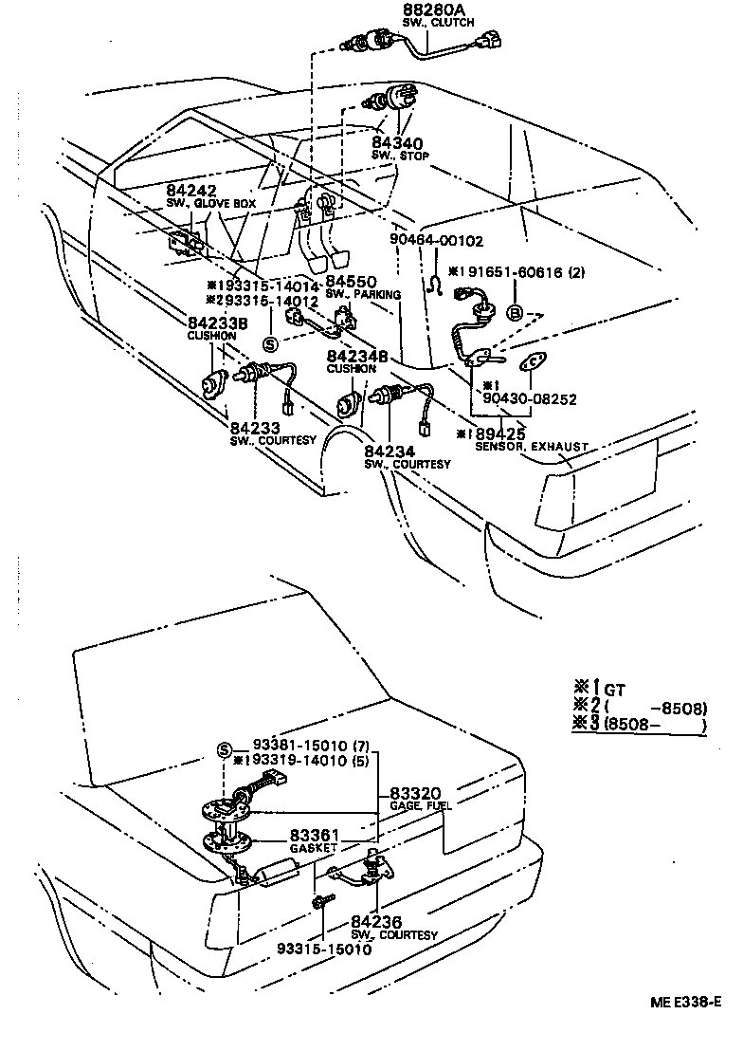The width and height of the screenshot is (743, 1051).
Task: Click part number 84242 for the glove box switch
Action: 193,191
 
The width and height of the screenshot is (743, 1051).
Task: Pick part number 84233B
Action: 217,323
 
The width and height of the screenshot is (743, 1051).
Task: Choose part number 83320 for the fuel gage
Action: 417,792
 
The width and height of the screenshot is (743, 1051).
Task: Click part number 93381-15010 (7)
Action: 309,747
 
